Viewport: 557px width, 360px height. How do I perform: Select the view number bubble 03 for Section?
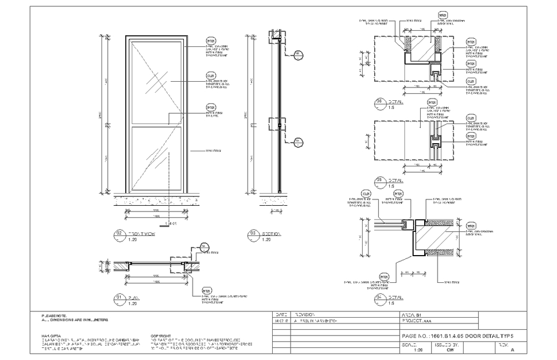click(254, 234)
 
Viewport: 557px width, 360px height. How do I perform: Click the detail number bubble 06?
click(380, 103)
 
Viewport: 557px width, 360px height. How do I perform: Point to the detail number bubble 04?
click(380, 298)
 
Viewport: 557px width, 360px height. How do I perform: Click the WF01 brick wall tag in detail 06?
click(442, 16)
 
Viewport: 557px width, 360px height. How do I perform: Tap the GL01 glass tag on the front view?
click(211, 76)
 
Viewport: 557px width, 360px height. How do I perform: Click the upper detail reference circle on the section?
click(298, 55)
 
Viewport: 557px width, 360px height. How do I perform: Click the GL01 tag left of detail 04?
click(366, 194)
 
